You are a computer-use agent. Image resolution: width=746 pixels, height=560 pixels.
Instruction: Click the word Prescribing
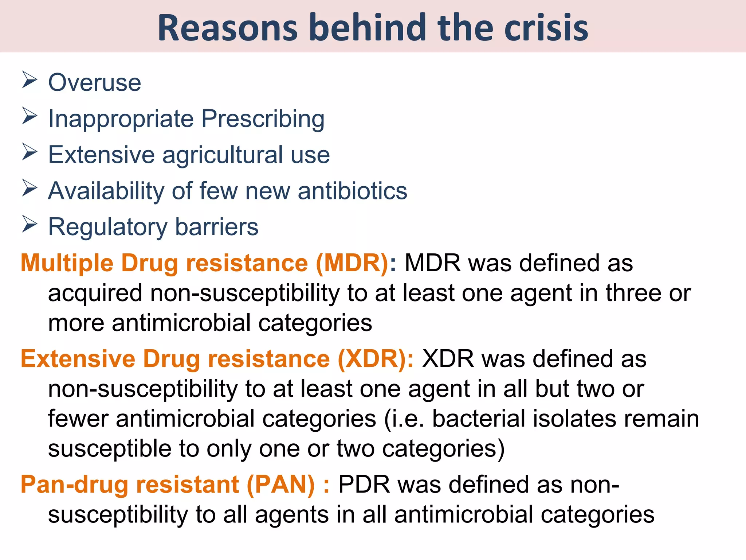(x=263, y=119)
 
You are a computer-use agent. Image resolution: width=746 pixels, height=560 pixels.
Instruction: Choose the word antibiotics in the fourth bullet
(x=352, y=191)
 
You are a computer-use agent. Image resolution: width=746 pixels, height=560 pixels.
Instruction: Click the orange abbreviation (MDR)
(x=352, y=263)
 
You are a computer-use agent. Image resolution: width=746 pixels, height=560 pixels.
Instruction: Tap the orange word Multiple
(x=67, y=263)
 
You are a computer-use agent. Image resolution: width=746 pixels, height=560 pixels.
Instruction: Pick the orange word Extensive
(x=78, y=359)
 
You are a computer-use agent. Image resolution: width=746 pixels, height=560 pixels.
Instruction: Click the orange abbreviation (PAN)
(x=280, y=485)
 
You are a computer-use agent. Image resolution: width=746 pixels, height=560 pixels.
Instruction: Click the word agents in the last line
(x=292, y=514)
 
